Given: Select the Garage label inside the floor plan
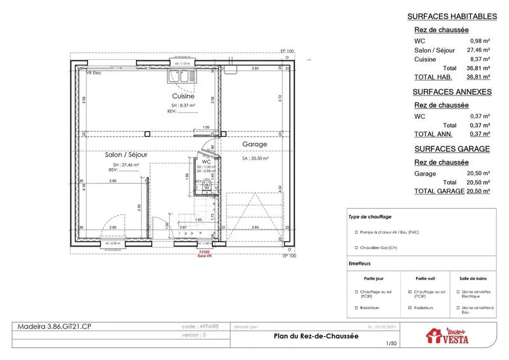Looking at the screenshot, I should point(254,144).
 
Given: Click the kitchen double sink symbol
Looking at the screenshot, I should point(180,76).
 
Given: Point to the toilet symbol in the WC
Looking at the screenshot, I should point(207,188).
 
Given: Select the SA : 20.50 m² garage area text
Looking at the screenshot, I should point(255,158).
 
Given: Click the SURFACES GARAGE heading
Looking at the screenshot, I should point(452,149).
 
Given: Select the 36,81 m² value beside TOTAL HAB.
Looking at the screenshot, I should point(480,77).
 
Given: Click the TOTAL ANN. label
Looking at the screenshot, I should point(433,134).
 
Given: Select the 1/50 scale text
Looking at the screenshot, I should point(391,344).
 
